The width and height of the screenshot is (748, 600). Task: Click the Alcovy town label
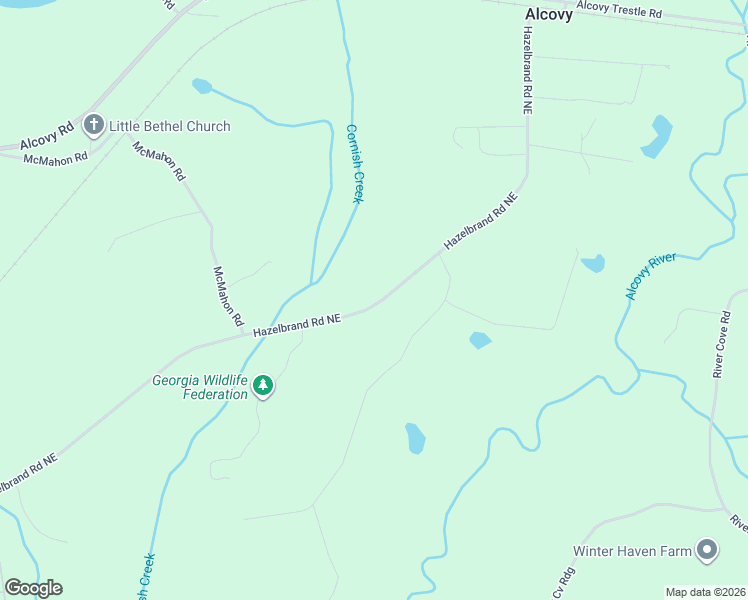point(549,15)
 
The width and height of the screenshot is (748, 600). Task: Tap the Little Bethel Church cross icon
point(94,126)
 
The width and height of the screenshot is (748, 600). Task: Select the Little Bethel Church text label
point(169,126)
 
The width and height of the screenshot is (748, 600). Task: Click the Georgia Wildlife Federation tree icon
point(263,384)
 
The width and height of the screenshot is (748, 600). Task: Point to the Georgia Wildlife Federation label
point(200,387)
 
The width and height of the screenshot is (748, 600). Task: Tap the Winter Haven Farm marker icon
point(707,550)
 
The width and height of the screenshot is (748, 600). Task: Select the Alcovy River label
point(651,276)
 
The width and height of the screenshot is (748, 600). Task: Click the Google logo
point(33,588)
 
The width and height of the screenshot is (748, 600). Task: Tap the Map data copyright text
point(704,591)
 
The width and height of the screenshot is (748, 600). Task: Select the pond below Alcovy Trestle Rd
point(657,136)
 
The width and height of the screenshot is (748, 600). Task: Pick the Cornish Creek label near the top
point(353,163)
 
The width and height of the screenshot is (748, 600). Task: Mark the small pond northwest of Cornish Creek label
point(202,86)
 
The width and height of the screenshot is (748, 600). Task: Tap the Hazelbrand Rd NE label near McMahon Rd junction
point(297,325)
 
